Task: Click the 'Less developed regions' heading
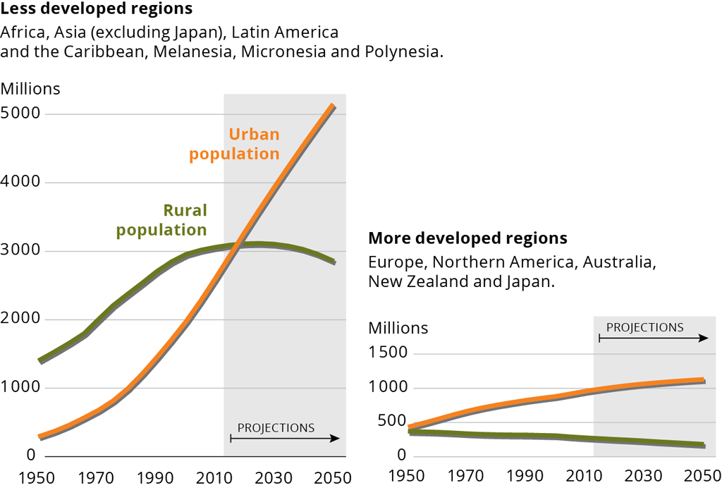coord(97,10)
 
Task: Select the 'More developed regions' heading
coord(467,238)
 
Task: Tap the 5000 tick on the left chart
coord(20,114)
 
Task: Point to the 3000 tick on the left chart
coord(20,251)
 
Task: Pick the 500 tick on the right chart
coord(393,421)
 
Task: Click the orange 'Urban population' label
coord(234,144)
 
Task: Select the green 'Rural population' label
coord(162,220)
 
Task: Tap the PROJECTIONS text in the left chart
coord(276,427)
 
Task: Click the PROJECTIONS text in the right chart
coord(644,327)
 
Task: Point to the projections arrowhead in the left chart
coord(336,438)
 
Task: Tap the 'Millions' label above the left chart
coord(30,89)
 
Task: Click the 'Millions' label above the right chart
coord(398,328)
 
